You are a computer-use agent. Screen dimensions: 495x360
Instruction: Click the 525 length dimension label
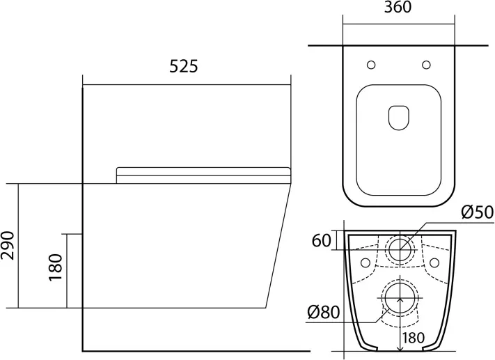click(x=184, y=66)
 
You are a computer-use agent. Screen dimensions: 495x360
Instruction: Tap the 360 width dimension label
click(x=398, y=7)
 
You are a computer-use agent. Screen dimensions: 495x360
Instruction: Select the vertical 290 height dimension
click(x=8, y=245)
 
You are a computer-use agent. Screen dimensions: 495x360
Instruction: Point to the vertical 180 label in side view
click(x=56, y=267)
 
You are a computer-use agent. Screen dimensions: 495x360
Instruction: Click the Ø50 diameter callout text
click(x=477, y=212)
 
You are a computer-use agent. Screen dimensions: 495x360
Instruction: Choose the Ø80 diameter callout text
click(x=324, y=313)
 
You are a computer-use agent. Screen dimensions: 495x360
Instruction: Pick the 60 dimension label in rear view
click(x=322, y=241)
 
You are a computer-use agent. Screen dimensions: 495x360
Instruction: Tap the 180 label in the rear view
click(x=414, y=338)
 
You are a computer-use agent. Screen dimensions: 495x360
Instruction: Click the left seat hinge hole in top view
click(x=371, y=65)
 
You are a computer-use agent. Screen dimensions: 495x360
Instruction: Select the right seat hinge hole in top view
click(x=426, y=65)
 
